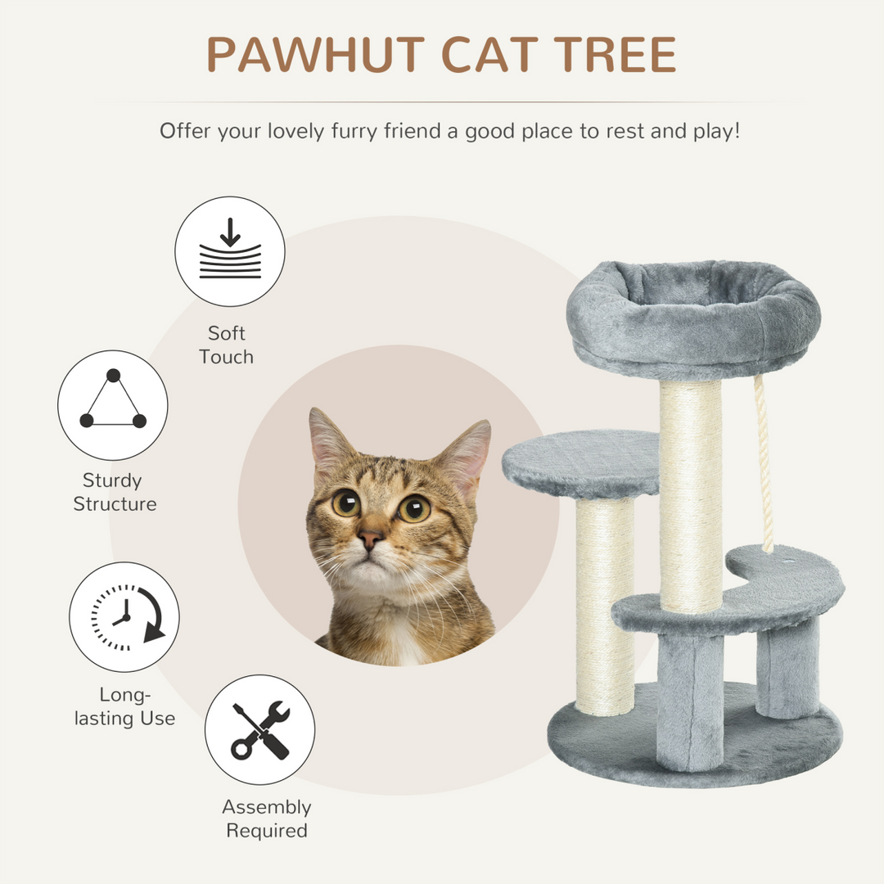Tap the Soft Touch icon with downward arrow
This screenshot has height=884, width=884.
tap(230, 251)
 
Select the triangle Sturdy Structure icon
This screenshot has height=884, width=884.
tap(113, 404)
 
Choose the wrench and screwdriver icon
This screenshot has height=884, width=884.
tap(259, 729)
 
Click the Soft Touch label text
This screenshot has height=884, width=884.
tap(226, 345)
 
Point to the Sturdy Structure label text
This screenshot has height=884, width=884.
tap(115, 492)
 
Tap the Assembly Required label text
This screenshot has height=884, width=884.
tap(267, 819)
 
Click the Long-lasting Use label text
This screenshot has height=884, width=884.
tap(124, 706)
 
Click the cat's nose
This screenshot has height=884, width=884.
tap(370, 538)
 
